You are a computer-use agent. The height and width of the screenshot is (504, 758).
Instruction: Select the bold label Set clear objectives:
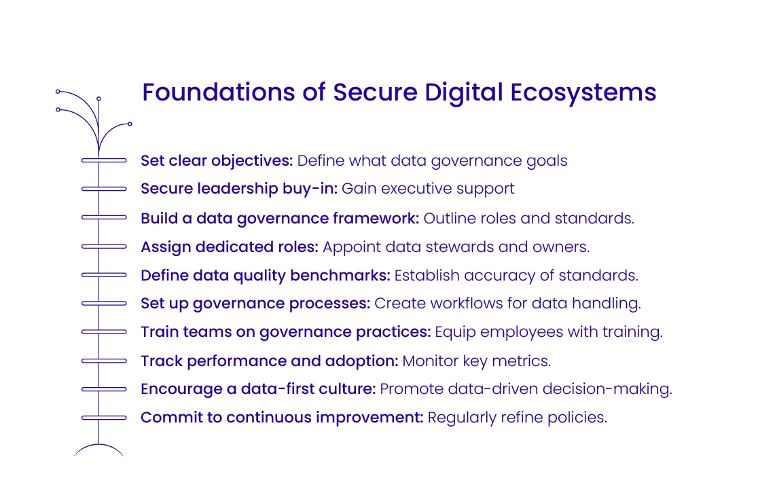tap(217, 161)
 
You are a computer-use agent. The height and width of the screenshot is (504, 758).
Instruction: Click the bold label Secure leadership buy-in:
tap(238, 189)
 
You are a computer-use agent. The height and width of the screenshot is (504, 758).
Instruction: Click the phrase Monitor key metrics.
tap(476, 361)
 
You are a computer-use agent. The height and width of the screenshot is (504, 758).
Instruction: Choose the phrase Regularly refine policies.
tap(517, 417)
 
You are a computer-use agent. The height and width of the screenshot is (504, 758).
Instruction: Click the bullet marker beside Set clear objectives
tap(104, 161)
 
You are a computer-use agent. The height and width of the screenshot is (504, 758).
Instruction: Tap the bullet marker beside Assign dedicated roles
tap(104, 247)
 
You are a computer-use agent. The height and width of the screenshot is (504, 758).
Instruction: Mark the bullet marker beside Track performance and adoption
tap(104, 361)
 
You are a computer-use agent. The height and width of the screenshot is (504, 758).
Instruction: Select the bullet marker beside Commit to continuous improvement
tap(104, 417)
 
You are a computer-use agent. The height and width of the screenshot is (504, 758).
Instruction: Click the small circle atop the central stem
tap(99, 99)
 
